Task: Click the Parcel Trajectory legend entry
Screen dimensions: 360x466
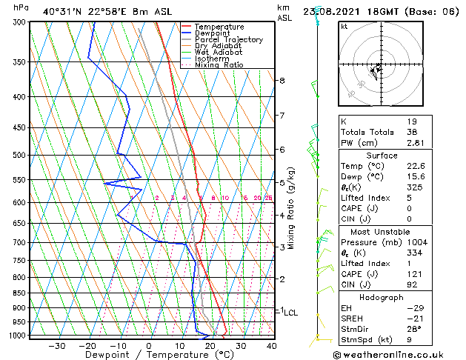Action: pos(228,39)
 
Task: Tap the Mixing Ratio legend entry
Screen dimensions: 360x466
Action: pos(219,64)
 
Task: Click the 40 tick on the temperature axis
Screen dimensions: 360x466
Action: pos(271,345)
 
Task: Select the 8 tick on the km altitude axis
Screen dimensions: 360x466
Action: pos(282,80)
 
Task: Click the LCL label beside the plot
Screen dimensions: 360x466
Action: pos(290,313)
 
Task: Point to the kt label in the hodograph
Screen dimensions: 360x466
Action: pos(344,26)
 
